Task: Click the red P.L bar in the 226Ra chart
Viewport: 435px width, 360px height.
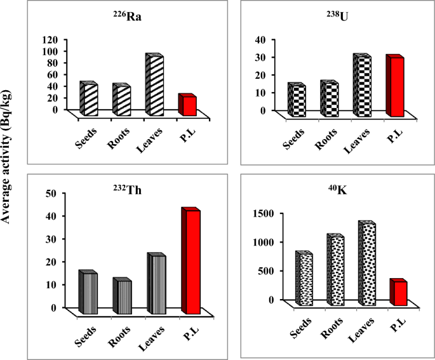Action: [x=187, y=105]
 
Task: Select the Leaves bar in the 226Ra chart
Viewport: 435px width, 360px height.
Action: [x=154, y=85]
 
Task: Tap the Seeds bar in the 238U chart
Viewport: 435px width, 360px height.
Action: [x=297, y=99]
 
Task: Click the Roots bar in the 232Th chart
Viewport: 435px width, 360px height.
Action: [x=122, y=297]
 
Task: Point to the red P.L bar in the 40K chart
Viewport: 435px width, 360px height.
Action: [x=398, y=293]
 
